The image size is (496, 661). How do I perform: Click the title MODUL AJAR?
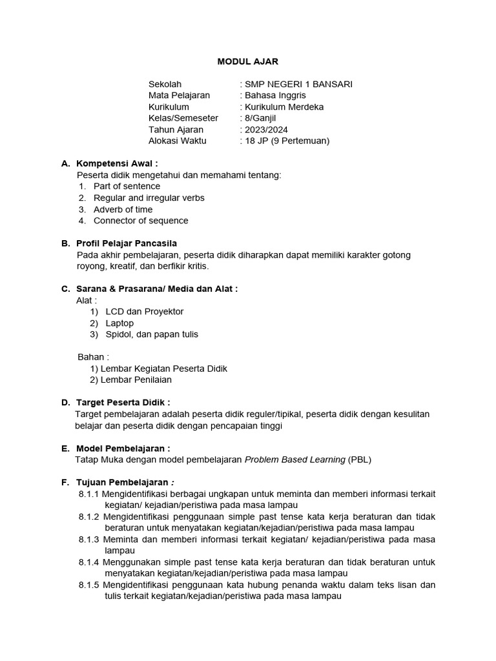tap(247, 61)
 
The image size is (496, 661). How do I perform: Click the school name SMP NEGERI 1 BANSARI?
tap(298, 84)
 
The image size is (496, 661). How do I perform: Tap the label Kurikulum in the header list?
tap(169, 107)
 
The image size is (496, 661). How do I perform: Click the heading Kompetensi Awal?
tap(117, 163)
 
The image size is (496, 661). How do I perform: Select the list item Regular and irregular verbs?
tap(149, 198)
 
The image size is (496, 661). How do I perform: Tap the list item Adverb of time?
tap(123, 209)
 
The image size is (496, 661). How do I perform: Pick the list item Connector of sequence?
tap(141, 220)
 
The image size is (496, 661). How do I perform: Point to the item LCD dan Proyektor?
tap(145, 311)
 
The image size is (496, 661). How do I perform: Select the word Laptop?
tap(120, 323)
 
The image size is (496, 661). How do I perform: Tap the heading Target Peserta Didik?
tap(123, 402)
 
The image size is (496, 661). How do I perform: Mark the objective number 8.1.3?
tap(89, 539)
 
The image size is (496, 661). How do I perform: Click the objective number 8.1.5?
tap(89, 585)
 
